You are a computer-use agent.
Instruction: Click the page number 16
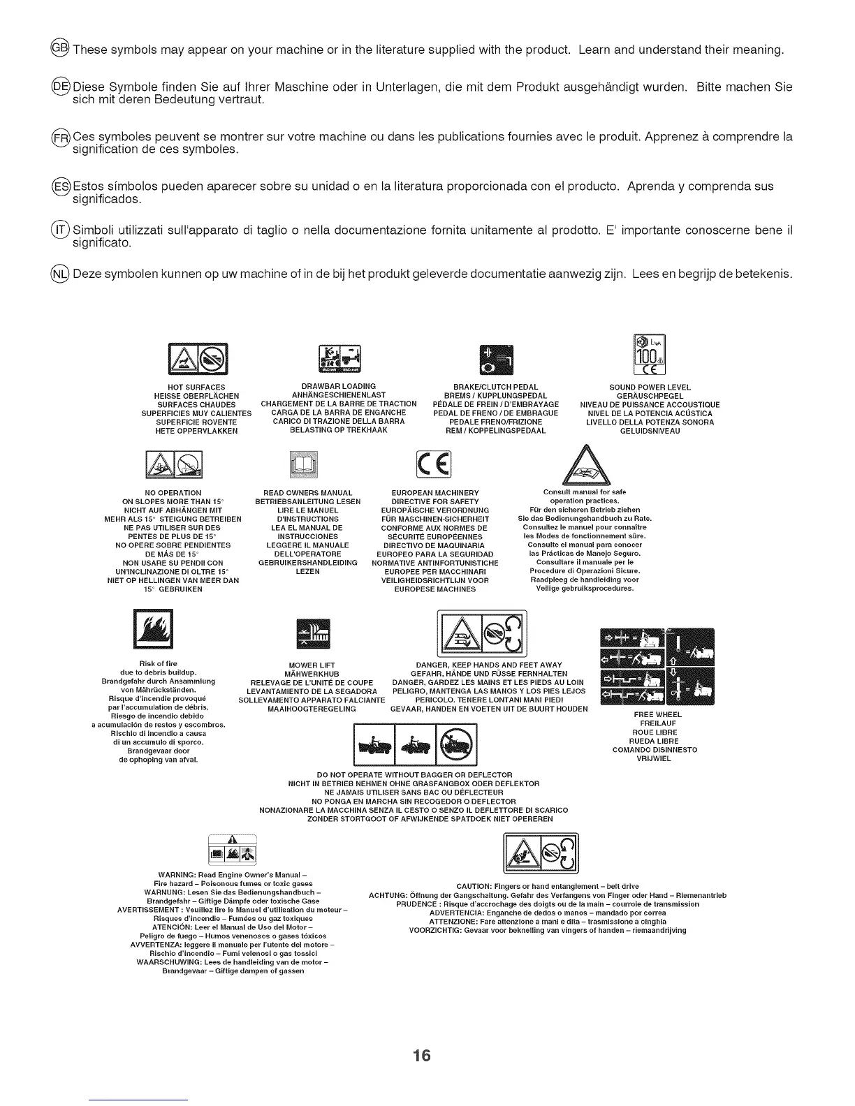tap(421, 1055)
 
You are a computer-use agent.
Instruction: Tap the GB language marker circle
tap(61, 49)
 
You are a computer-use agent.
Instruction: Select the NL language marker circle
tap(61, 273)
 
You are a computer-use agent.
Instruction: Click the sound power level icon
tap(650, 355)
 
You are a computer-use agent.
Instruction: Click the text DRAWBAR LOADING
tap(338, 386)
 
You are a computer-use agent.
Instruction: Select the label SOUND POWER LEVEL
tap(650, 387)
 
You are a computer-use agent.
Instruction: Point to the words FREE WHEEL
tap(657, 714)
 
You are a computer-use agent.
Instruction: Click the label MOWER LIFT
tap(312, 665)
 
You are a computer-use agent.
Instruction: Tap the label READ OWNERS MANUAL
tap(307, 493)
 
